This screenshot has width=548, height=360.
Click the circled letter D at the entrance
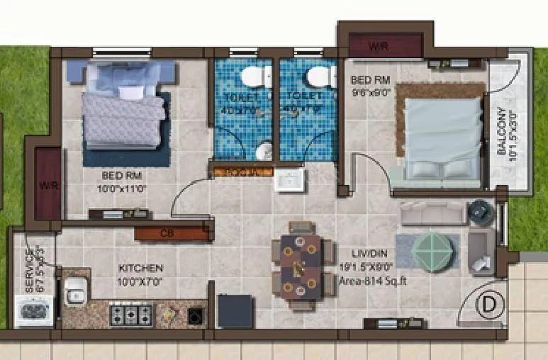(487, 305)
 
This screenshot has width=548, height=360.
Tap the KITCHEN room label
(141, 269)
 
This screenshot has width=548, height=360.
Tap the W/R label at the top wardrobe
(379, 47)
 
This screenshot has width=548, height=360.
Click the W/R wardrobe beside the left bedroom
(47, 186)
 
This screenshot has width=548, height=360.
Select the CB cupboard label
(167, 233)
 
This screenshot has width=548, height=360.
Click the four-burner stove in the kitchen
(131, 313)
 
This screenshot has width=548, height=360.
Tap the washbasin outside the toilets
(289, 179)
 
